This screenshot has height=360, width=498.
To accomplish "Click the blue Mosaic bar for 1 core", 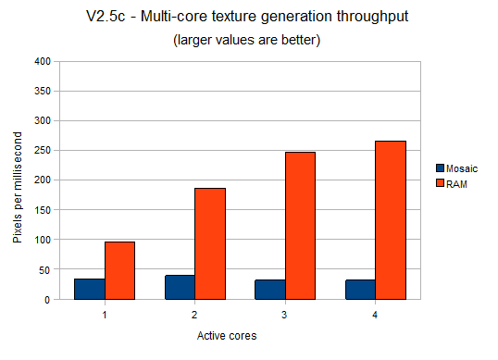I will tap(90, 289).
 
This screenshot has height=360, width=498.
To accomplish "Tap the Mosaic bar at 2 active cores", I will tap(180, 287).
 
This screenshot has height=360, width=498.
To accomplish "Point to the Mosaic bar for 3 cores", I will tap(270, 290).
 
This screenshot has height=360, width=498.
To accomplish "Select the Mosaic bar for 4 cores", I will tap(360, 290).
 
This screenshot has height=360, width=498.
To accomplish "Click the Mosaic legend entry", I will tap(456, 168).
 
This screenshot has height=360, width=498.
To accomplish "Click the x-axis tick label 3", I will tap(285, 315).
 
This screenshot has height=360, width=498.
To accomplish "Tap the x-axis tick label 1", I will tap(105, 315).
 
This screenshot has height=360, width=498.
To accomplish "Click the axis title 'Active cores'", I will tap(240, 337).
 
